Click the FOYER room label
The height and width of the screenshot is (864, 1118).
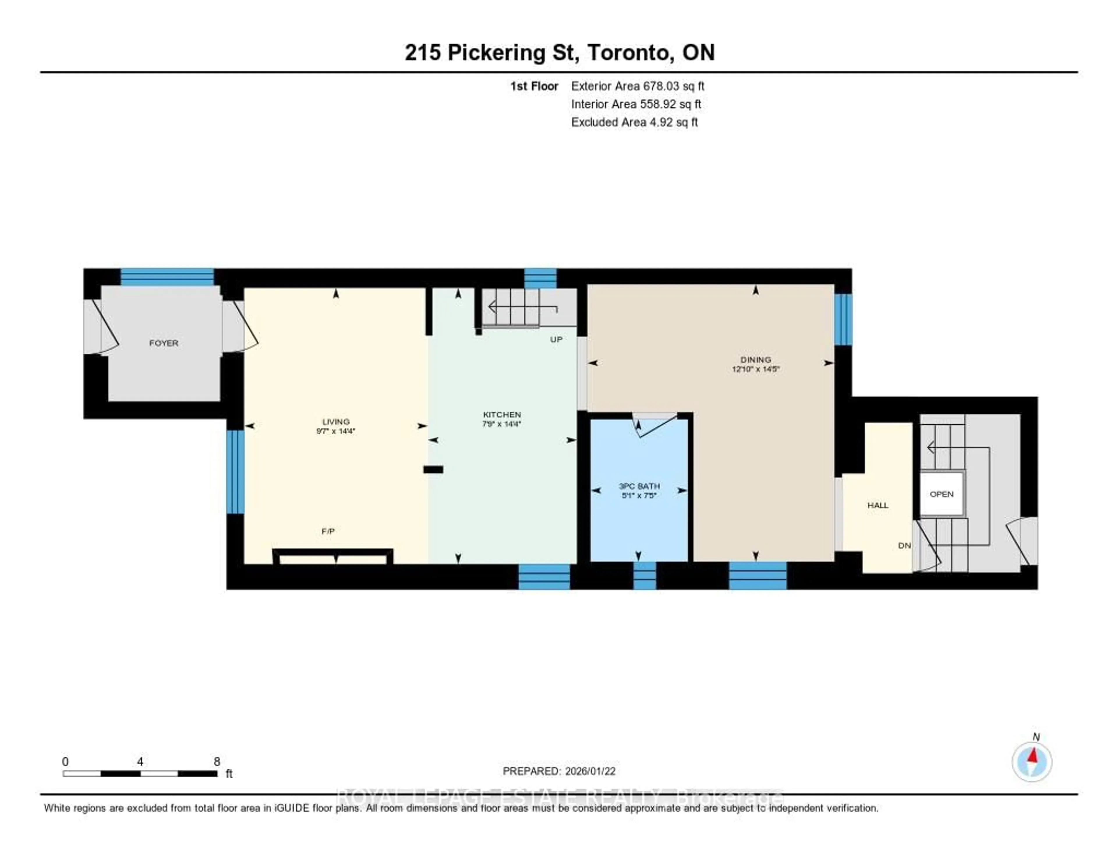coord(164,343)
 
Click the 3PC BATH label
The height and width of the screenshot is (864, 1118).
coord(639,486)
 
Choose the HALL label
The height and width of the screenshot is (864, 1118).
coord(878,505)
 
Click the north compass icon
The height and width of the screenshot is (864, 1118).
coord(1032,761)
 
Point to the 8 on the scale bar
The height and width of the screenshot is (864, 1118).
coord(217,761)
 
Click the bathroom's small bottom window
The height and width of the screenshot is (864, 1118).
coord(645,575)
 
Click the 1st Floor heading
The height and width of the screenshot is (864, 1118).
coord(534,86)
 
